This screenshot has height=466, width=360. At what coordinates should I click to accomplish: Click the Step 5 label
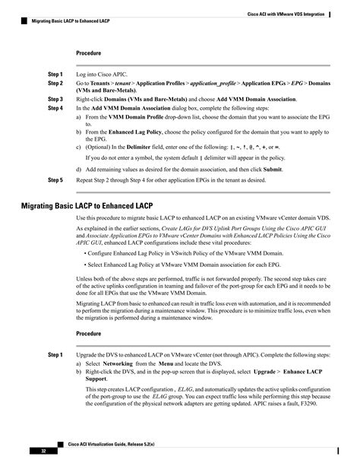(55, 180)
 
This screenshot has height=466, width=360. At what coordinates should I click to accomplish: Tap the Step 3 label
(55, 100)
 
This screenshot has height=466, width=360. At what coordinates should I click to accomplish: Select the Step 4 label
(55, 109)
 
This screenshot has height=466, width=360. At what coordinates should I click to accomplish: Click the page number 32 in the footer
(33, 452)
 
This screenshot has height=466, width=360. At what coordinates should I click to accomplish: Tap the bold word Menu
(167, 364)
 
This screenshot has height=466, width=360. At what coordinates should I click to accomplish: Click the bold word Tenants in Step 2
(105, 83)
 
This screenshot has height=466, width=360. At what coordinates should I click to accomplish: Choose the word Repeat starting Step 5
(87, 180)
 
